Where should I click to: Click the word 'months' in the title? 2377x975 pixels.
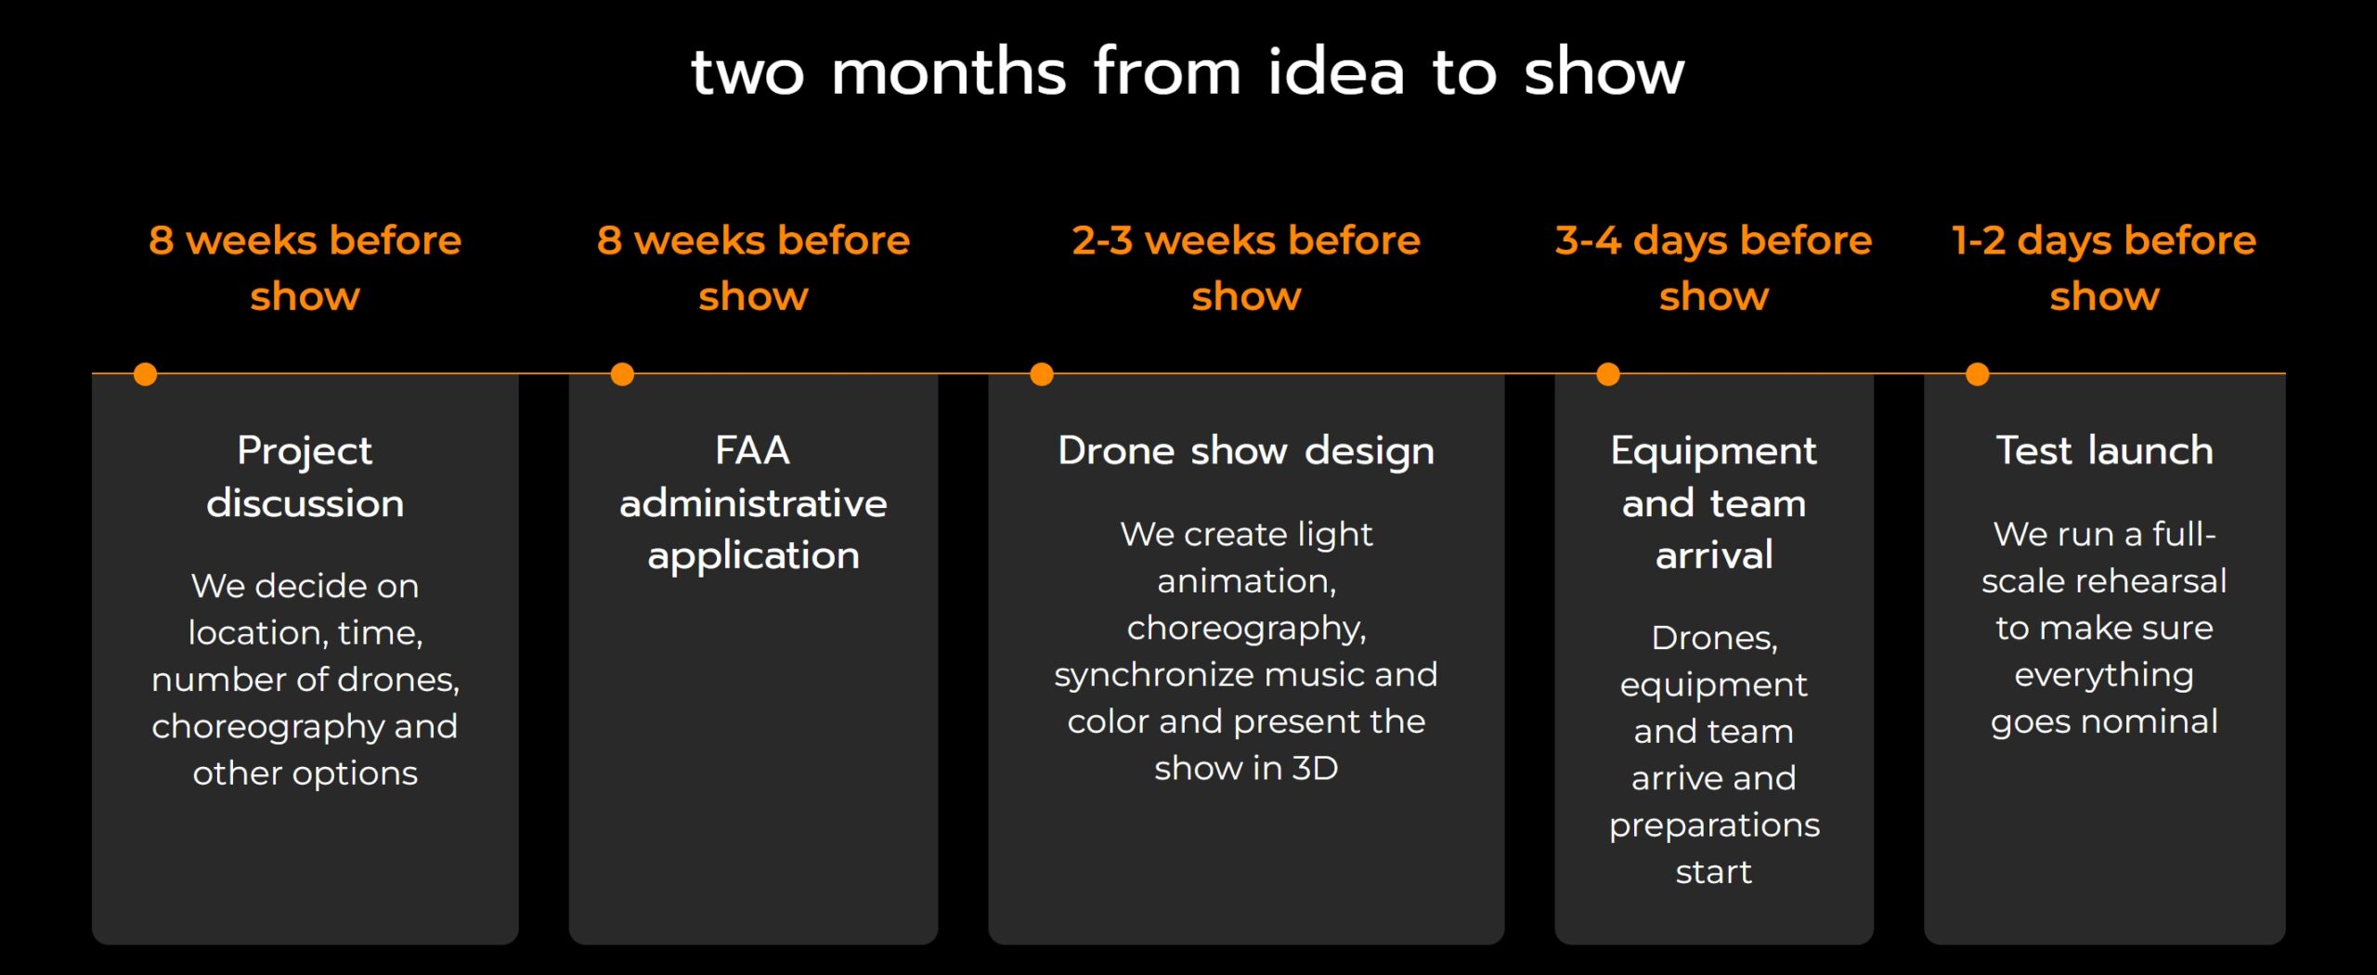[x=948, y=71]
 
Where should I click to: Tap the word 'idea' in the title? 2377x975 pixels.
[x=1336, y=71]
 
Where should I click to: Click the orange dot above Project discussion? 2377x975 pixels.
[x=145, y=374]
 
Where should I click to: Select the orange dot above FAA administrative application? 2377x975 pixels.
[x=622, y=374]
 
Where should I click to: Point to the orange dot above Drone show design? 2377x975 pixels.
[x=1042, y=374]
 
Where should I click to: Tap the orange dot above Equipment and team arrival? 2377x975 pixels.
[x=1608, y=374]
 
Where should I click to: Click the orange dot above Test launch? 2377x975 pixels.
[x=1978, y=374]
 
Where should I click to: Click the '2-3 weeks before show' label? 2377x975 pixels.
[x=1246, y=268]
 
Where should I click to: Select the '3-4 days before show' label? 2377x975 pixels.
[x=1714, y=268]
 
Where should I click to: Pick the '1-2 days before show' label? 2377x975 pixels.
[x=2104, y=268]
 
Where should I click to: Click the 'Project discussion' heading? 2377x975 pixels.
[x=305, y=477]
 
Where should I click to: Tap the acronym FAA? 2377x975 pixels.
[x=752, y=451]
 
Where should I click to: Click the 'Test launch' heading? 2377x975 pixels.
[x=2105, y=451]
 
